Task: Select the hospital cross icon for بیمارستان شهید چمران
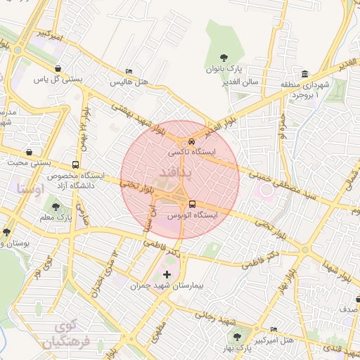click(167, 274)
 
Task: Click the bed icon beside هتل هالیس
click(128, 72)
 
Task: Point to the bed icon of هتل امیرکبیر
click(274, 329)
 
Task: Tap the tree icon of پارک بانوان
click(224, 57)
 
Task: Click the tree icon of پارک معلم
click(56, 207)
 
